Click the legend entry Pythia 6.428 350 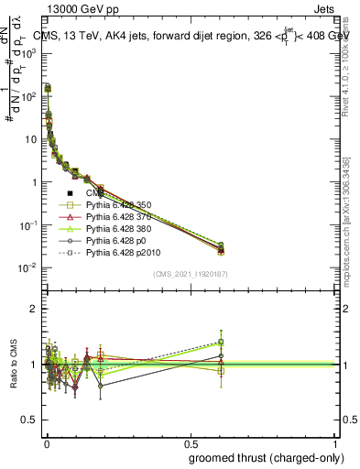(x=117, y=206)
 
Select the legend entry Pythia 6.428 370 (x=117, y=218)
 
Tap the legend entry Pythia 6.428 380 (x=117, y=230)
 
